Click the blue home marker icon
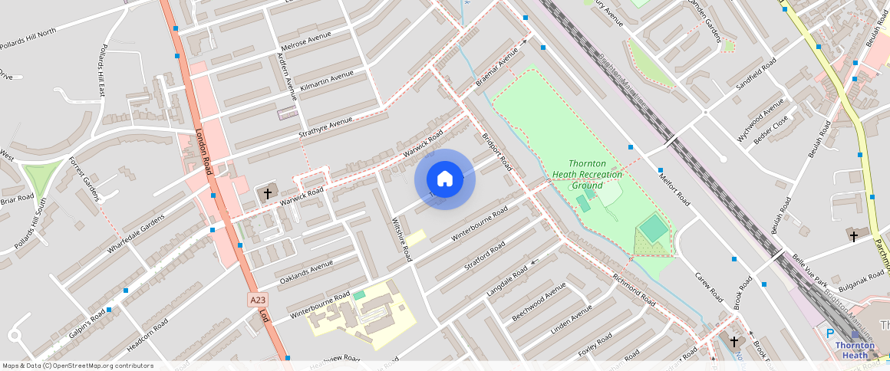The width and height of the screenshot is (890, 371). click(445, 179)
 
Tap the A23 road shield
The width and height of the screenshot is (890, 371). click(259, 300)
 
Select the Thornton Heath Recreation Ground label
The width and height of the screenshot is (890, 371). click(587, 175)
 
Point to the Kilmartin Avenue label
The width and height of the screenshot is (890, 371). click(328, 79)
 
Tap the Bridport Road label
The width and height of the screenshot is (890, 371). click(496, 153)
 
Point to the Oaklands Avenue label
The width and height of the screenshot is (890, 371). click(305, 272)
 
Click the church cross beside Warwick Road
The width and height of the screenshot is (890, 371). click(268, 194)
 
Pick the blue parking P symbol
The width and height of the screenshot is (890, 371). click(829, 333)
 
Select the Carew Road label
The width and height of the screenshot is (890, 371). click(709, 286)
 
